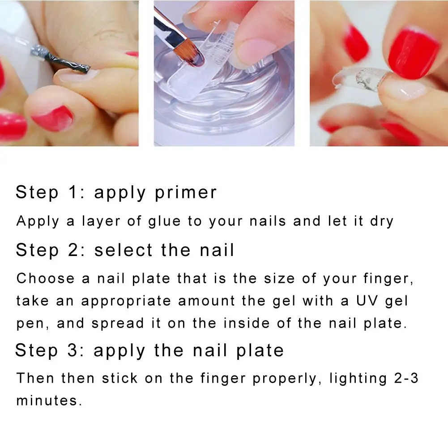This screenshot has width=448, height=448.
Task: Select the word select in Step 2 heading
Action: (124, 250)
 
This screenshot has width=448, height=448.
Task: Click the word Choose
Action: (46, 278)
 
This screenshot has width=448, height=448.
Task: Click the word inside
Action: (247, 323)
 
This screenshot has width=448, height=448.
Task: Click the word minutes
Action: (47, 400)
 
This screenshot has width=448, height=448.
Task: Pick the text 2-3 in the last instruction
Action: (406, 378)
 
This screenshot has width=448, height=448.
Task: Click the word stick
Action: (120, 378)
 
